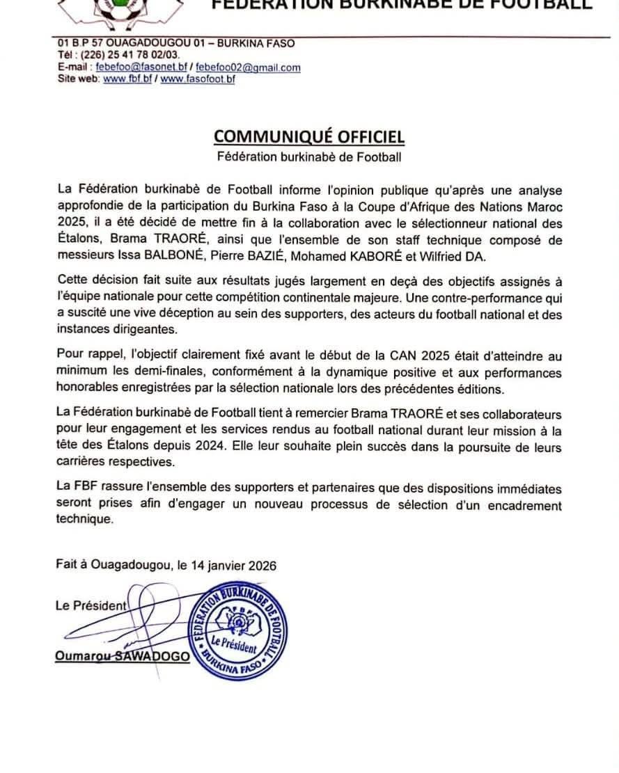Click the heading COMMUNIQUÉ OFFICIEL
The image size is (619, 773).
pos(308,136)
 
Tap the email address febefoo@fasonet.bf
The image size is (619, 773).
pos(141,67)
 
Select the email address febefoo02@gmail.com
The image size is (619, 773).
pos(249,67)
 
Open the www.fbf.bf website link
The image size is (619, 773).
pos(127,79)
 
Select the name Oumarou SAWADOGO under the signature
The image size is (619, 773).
pos(123,656)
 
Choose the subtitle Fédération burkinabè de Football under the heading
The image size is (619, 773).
pos(308,157)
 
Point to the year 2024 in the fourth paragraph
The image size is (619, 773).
pos(284,445)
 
